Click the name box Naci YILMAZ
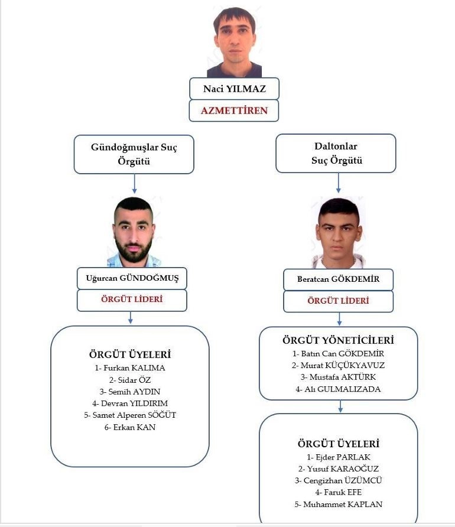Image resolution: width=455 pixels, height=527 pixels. click(x=234, y=89)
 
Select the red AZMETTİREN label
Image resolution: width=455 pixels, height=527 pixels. click(x=234, y=110)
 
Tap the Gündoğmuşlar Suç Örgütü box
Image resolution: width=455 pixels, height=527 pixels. click(x=134, y=154)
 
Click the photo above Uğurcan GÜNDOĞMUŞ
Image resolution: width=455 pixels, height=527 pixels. click(x=134, y=232)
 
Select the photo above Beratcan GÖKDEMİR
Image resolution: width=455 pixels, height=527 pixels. click(x=339, y=233)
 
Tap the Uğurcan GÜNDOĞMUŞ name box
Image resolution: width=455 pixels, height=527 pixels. click(x=132, y=278)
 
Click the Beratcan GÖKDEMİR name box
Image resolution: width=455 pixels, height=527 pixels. click(x=338, y=279)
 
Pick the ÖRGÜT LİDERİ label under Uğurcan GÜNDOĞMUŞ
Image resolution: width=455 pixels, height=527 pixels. click(x=132, y=300)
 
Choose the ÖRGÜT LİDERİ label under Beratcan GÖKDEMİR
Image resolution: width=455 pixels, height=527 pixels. click(x=338, y=301)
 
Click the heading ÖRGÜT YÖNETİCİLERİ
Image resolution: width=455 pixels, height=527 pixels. click(x=338, y=340)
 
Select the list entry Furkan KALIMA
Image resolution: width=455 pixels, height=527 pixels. click(x=130, y=367)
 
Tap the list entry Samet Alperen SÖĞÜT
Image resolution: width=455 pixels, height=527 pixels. click(x=130, y=415)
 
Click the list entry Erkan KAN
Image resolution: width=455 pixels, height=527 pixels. click(x=130, y=427)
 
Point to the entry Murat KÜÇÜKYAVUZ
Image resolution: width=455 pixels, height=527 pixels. click(x=338, y=365)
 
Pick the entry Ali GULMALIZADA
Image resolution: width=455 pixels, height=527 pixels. click(x=338, y=389)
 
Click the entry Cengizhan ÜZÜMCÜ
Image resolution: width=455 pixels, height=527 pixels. click(x=338, y=480)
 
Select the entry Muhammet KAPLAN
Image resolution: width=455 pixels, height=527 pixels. click(x=338, y=504)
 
